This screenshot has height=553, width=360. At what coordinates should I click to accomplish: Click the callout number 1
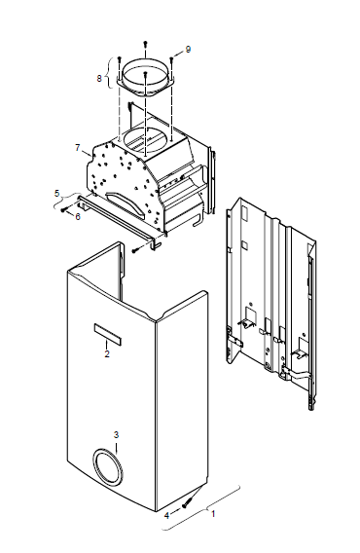213,513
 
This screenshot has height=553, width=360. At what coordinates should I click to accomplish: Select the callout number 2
107,353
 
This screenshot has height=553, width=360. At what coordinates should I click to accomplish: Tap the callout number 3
117,435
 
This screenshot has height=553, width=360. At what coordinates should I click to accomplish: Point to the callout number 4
166,515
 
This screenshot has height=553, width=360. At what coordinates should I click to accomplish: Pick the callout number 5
57,193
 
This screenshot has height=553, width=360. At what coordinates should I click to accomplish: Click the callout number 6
78,216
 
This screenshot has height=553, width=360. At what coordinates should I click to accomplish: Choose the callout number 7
78,147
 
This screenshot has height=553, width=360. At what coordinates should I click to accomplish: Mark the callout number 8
99,78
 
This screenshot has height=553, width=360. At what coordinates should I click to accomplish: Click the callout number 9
188,49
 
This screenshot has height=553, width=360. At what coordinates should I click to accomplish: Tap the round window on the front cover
108,466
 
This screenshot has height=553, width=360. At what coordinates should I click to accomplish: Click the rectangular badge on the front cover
108,334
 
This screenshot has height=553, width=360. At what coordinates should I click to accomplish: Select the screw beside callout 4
187,502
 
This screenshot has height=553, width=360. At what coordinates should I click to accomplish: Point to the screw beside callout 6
64,209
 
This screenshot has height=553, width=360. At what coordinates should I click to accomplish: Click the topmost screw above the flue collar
145,44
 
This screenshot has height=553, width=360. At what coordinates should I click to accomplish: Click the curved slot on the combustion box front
126,203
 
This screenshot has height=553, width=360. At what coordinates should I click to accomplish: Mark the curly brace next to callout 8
112,72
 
